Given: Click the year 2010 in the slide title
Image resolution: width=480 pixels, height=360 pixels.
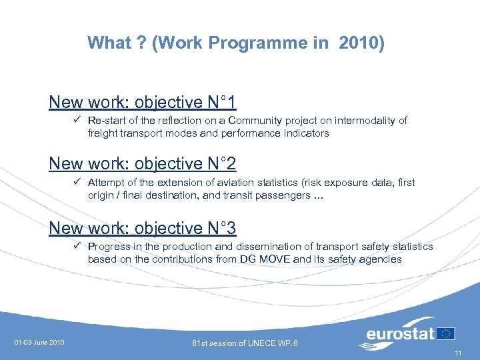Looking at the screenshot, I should pyautogui.click(x=361, y=43).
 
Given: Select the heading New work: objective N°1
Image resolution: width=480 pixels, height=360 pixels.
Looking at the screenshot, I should pyautogui.click(x=142, y=103).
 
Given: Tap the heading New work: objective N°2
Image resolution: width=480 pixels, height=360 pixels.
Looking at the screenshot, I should pyautogui.click(x=142, y=164).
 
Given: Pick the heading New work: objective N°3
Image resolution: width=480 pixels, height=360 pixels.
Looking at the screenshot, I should pyautogui.click(x=142, y=229).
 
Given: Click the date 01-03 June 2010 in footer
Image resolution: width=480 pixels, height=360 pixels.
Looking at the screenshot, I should pyautogui.click(x=39, y=343).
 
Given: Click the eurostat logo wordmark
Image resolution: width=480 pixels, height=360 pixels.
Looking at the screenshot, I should pyautogui.click(x=400, y=333).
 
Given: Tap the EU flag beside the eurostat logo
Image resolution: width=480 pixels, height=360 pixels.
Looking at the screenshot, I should pyautogui.click(x=446, y=333).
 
